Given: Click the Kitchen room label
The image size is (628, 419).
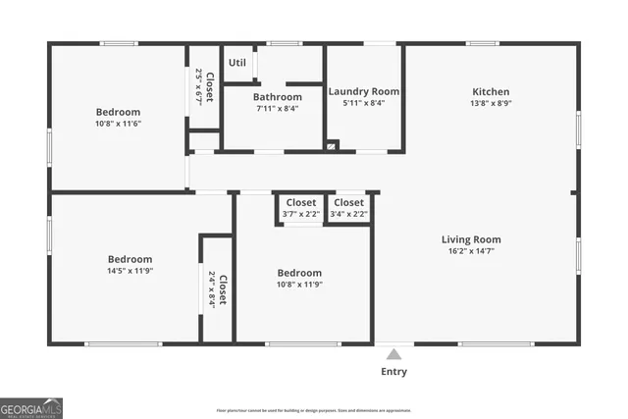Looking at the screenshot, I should point(491,91).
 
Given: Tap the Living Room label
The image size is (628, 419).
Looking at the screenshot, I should point(471,239).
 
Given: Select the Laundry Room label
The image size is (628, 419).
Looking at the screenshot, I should point(363,91).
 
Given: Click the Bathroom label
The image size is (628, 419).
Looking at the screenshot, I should point(278,97).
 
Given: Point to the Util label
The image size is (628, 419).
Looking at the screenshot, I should point(237,63).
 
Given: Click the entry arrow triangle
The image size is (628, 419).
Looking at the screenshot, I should point(393,354).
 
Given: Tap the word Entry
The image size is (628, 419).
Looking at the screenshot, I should point(393,372).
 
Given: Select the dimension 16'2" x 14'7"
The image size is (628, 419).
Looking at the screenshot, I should point(471,251).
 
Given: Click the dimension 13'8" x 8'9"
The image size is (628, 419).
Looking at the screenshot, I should point(491,103).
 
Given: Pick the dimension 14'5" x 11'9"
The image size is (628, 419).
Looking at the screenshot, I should point(131,271).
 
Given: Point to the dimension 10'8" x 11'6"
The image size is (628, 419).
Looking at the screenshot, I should point(118,124).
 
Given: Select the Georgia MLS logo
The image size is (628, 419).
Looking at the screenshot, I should point(29,407).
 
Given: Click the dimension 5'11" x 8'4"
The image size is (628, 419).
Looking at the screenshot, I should point(363,103).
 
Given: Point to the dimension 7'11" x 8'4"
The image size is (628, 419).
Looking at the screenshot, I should point(278,109).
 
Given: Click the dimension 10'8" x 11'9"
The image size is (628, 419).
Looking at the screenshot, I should point(299,285).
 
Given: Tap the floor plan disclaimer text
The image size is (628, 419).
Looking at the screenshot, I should point(314,410).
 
